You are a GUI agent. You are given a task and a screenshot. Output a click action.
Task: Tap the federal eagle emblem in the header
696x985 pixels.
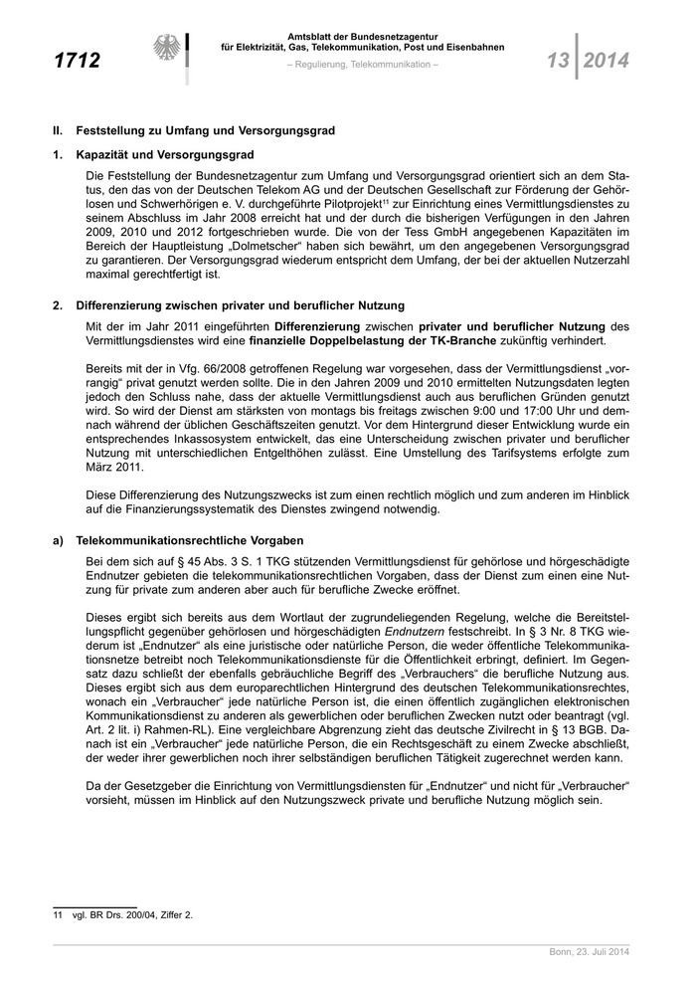coord(167,52)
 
